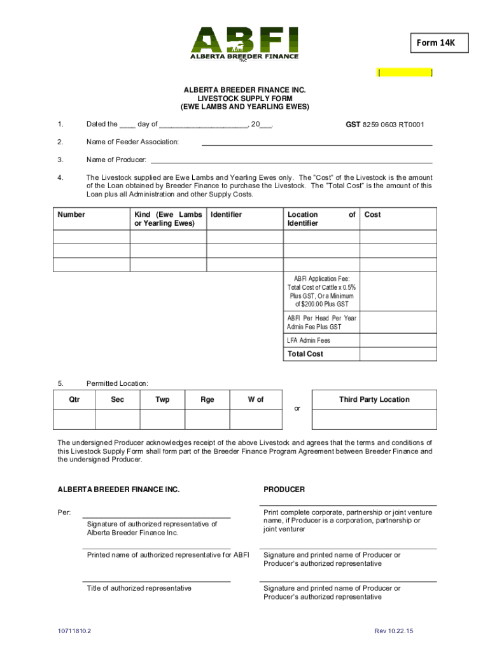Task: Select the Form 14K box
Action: [436, 43]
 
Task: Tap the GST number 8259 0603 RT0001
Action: [385, 125]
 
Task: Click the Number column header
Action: [71, 215]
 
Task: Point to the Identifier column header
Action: [226, 215]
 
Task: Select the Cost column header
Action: [372, 215]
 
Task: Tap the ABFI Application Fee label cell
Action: [321, 291]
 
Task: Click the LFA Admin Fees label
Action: [309, 340]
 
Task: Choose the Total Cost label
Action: [305, 354]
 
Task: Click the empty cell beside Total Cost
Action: [398, 354]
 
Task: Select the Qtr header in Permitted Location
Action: [74, 400]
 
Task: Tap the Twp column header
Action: [162, 400]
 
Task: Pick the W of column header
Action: [255, 400]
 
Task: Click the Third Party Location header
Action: [374, 400]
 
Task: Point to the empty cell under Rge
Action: [207, 420]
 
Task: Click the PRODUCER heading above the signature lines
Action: [284, 490]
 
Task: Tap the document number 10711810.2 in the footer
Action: [74, 631]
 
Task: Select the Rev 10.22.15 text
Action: [394, 631]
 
